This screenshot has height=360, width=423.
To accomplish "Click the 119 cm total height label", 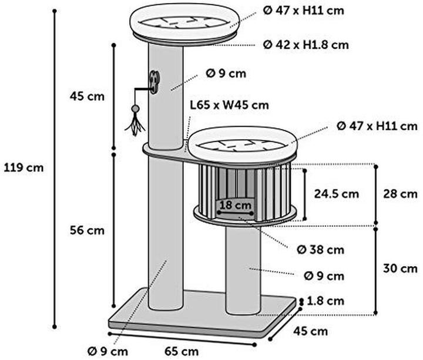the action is click(23, 168).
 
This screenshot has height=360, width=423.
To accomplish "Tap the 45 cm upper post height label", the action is click(87, 96).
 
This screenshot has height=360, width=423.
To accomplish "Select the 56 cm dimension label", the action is click(87, 231).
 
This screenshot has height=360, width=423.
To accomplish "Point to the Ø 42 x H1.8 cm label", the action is click(306, 45).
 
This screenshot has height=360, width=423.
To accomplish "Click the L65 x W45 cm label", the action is click(230, 105).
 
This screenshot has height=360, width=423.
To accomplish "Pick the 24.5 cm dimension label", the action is click(337, 194).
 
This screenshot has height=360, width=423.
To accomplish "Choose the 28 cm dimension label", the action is click(400, 194).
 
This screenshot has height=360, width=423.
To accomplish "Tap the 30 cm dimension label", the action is click(400, 268).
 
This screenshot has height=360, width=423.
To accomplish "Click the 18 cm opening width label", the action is click(235, 205).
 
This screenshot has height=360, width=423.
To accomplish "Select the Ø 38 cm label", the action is click(321, 250).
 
